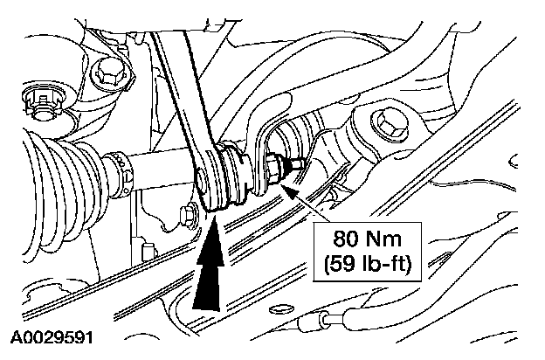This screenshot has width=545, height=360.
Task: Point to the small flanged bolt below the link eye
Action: coord(187,213)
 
